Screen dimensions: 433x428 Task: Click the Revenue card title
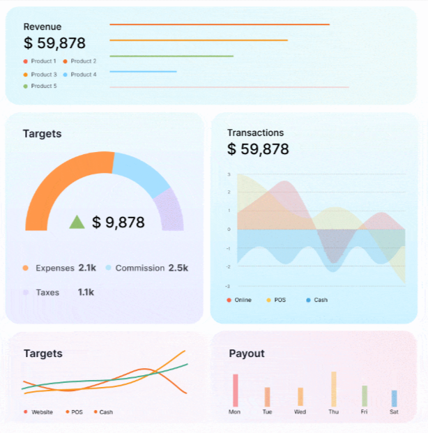tap(43, 26)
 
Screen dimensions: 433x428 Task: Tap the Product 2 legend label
tap(83, 61)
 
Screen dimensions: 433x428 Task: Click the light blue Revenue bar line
tap(143, 71)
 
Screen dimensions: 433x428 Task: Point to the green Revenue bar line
tap(171, 56)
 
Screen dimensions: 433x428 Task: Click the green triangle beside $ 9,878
tap(77, 222)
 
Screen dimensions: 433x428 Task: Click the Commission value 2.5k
tap(178, 268)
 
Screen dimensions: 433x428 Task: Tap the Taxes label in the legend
tap(47, 292)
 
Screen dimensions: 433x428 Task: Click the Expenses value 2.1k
tap(87, 268)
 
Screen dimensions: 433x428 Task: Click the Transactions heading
tap(255, 132)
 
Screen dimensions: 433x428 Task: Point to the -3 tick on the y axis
tap(228, 286)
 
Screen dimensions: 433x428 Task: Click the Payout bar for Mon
tap(236, 390)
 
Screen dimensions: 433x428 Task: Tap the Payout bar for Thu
tap(334, 389)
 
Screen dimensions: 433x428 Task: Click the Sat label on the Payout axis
tap(394, 411)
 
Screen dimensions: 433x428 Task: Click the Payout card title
tap(247, 354)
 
